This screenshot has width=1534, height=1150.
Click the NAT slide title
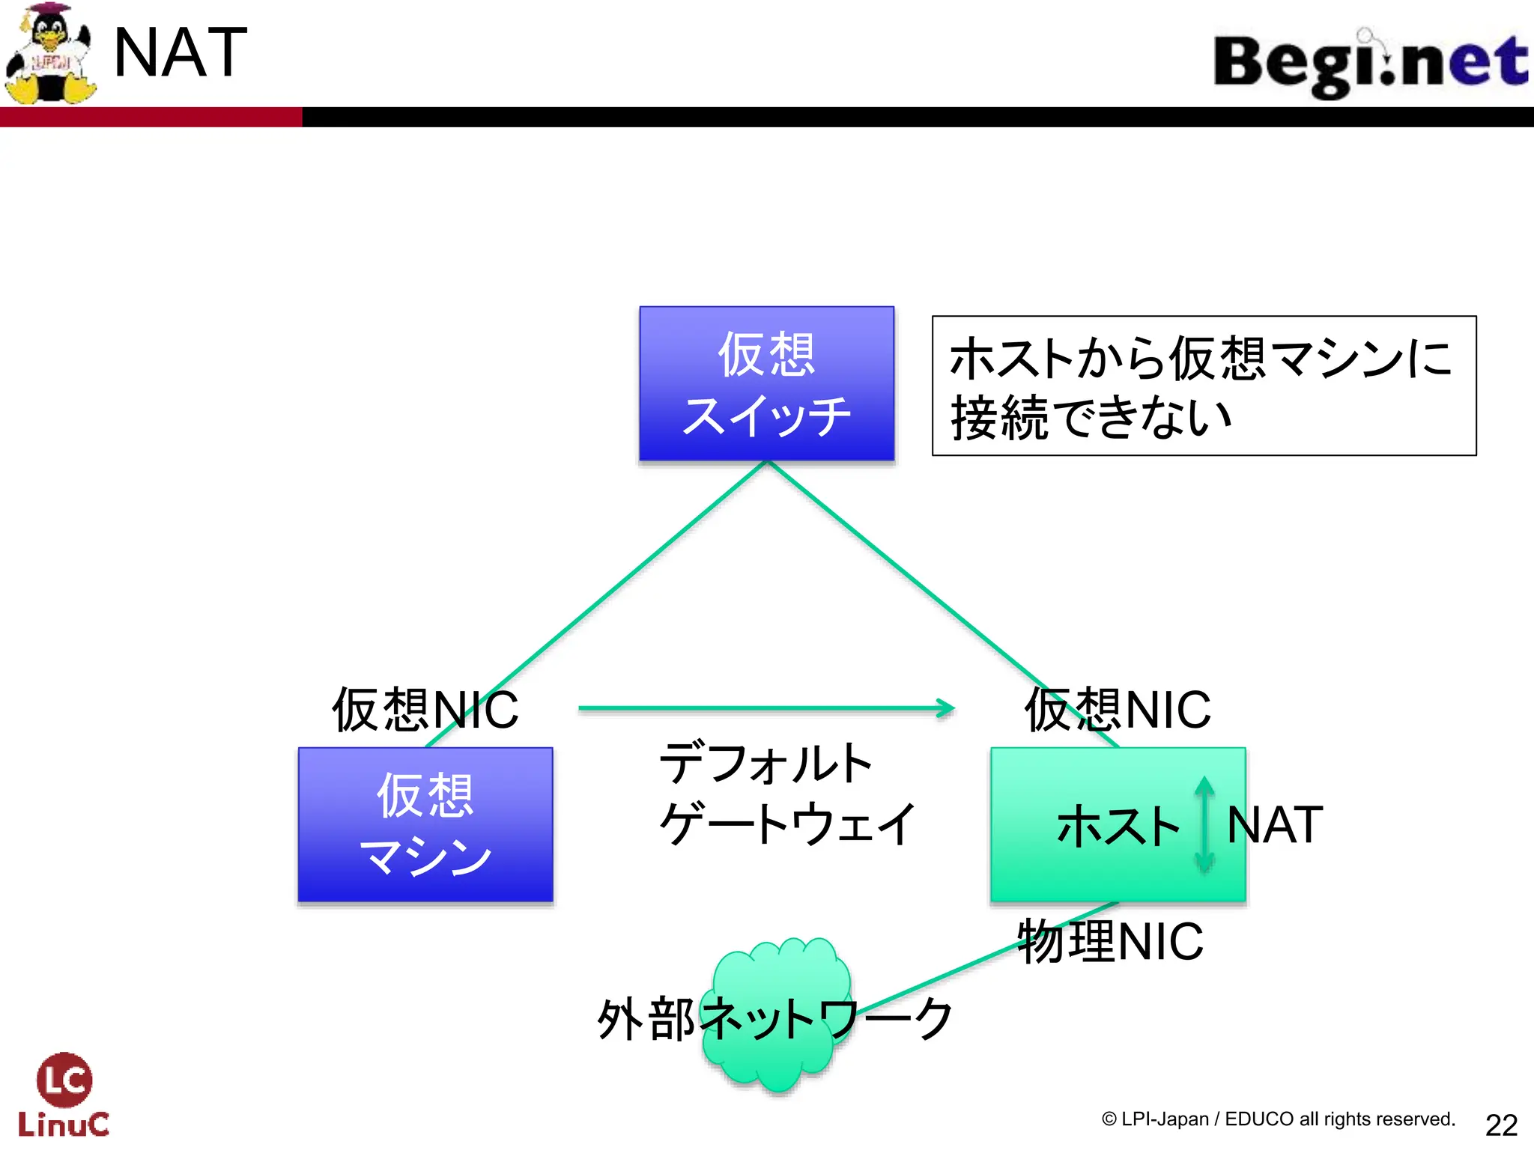(180, 52)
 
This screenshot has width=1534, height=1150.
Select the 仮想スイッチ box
(766, 383)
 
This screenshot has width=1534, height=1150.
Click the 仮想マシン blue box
(425, 824)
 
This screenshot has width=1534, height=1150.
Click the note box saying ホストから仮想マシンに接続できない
(1204, 386)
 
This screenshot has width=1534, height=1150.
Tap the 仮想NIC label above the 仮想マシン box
(425, 710)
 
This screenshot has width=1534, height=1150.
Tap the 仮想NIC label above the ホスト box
(1117, 710)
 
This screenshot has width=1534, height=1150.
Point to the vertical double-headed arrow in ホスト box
(1204, 824)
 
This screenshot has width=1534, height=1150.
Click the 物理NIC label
(1110, 942)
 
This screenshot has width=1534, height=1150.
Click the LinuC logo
(64, 1095)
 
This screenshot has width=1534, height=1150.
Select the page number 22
(1501, 1125)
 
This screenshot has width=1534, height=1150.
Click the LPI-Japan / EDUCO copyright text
(1278, 1119)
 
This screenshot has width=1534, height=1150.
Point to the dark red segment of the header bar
(150, 117)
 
